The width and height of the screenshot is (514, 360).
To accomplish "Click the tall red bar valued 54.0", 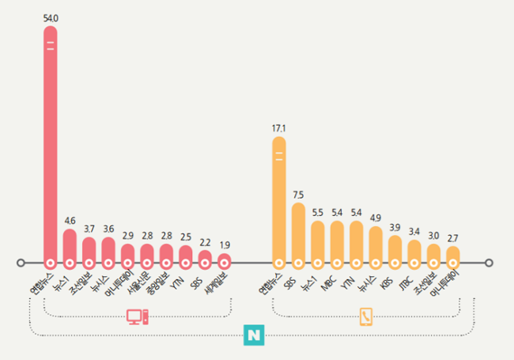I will click(50, 142).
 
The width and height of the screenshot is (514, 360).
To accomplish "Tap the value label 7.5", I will click(297, 194).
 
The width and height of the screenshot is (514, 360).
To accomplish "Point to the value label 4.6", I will click(70, 220).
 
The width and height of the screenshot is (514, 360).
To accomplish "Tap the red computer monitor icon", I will click(137, 316).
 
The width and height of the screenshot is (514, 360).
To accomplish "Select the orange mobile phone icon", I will click(366, 316).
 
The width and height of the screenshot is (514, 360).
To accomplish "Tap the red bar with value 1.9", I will click(224, 259).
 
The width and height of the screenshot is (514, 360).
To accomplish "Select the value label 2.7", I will click(453, 237).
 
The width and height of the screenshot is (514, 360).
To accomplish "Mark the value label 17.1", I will click(278, 127).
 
